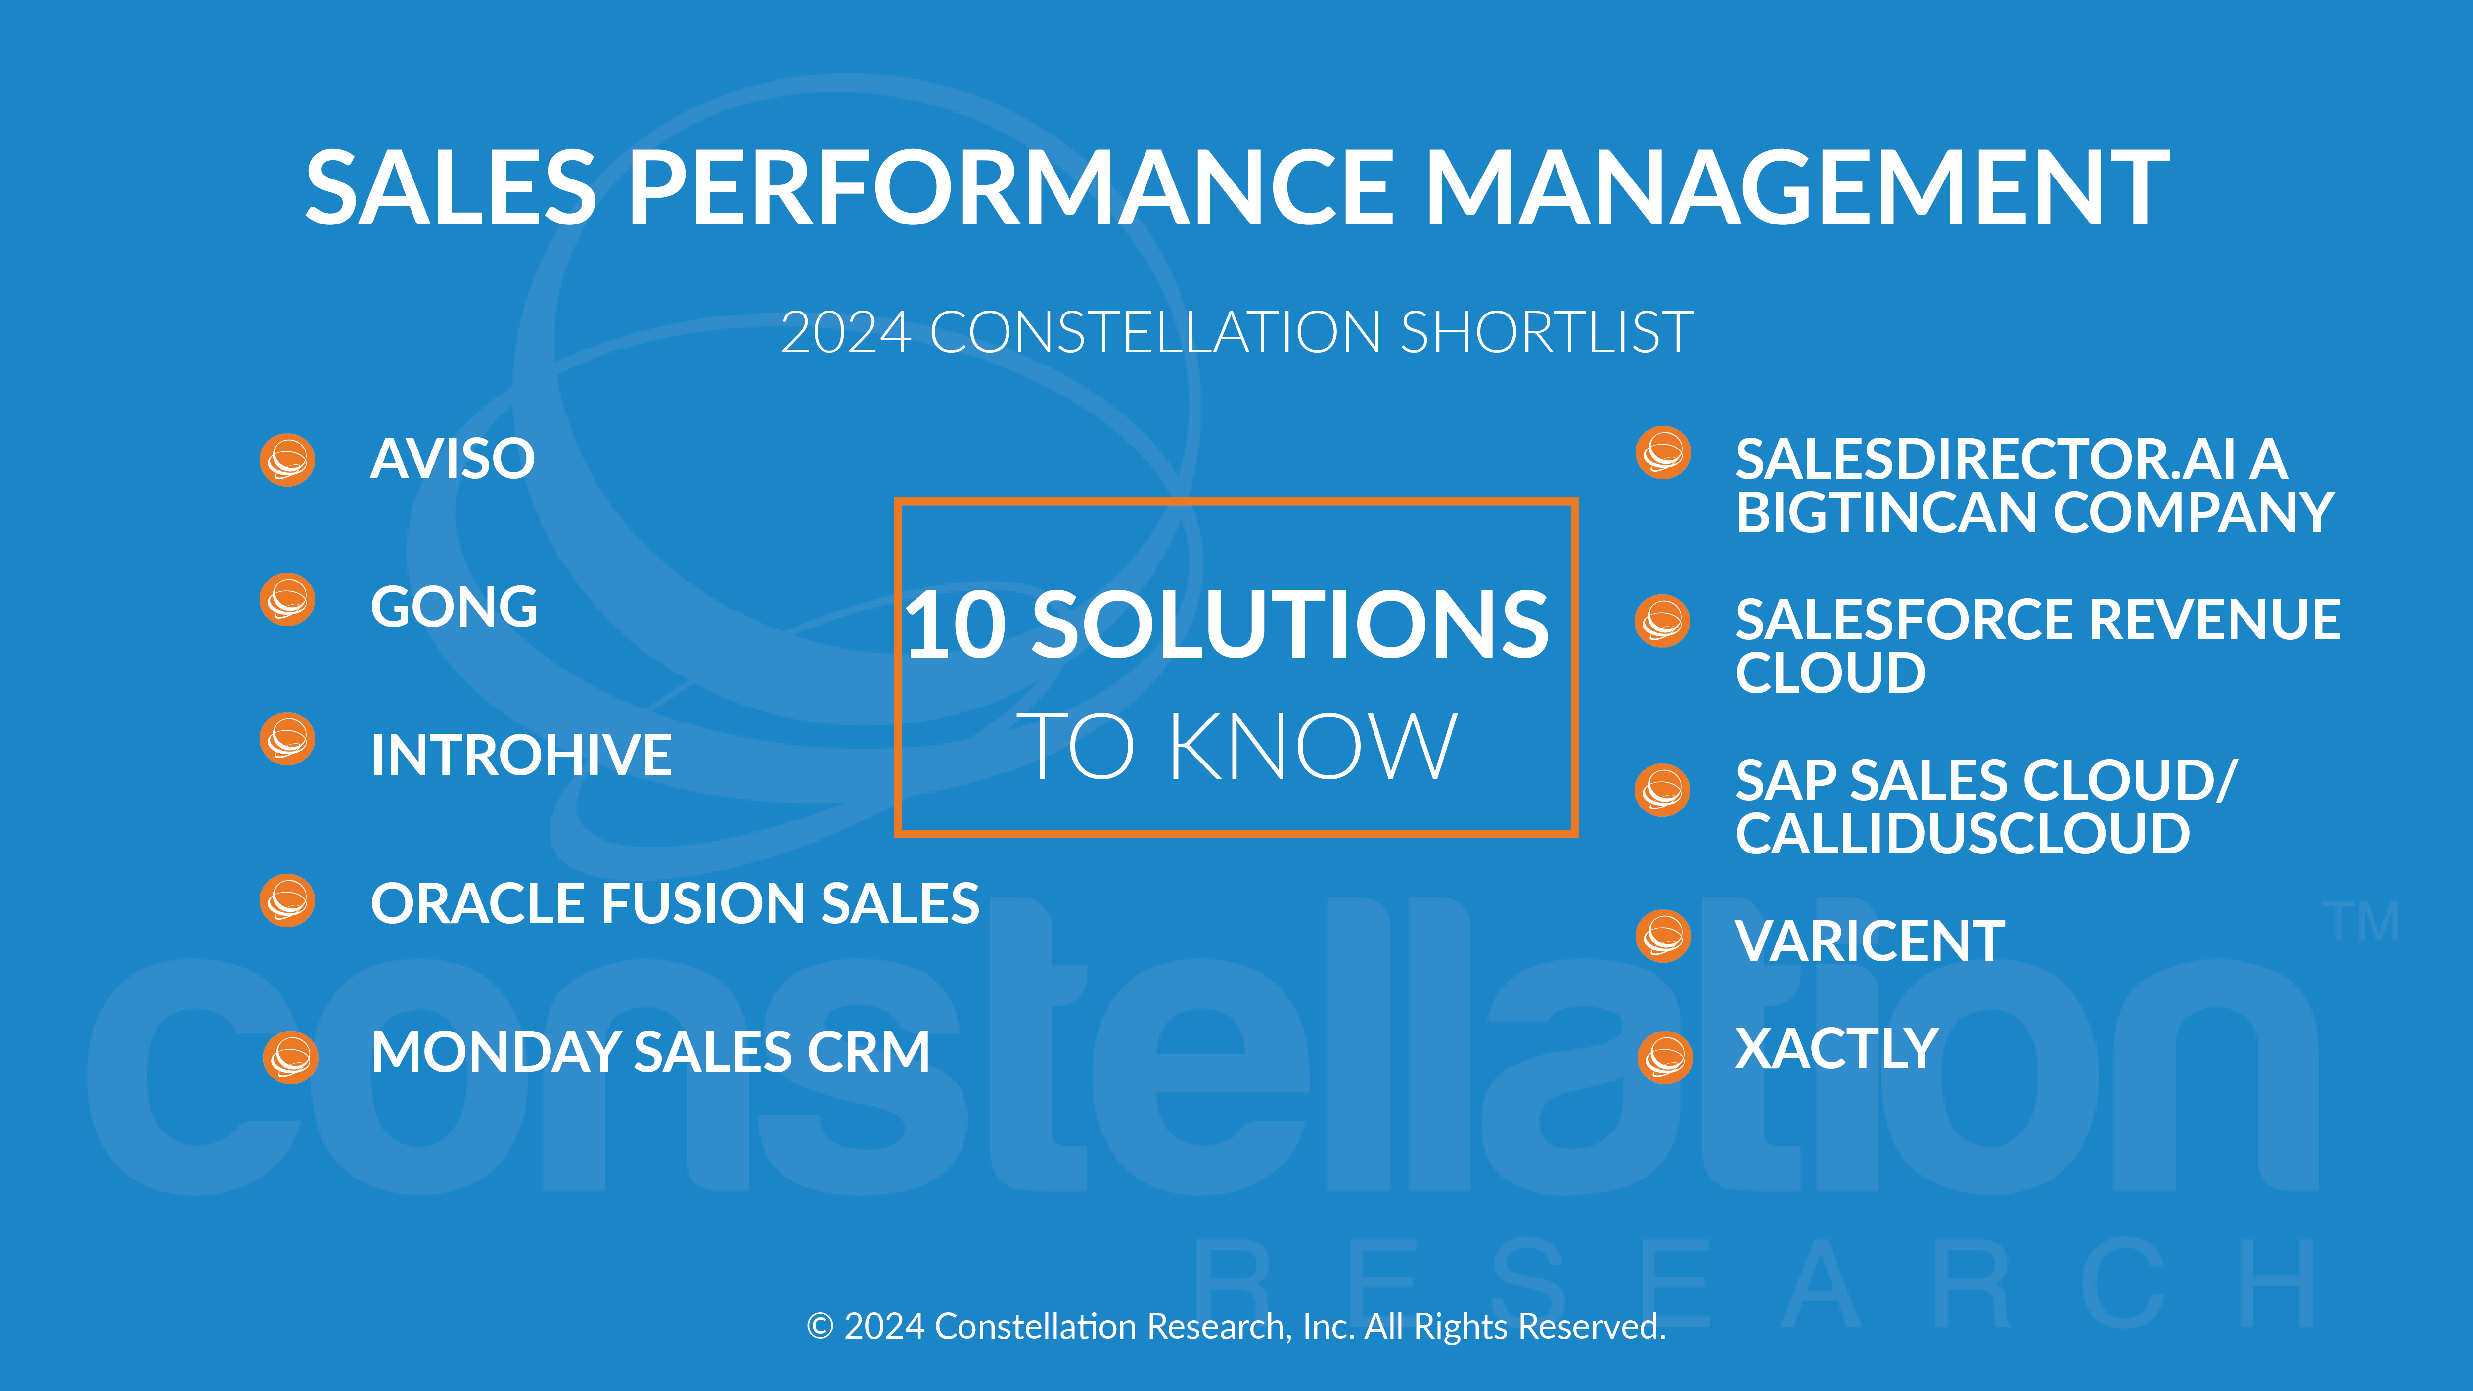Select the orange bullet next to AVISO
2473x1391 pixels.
(x=287, y=460)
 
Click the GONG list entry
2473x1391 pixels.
(x=454, y=607)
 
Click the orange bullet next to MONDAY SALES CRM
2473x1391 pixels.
(x=290, y=1058)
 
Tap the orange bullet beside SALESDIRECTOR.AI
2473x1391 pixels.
(x=1663, y=452)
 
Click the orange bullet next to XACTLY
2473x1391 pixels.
(x=1665, y=1058)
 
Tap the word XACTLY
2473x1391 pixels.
(x=1836, y=1048)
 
